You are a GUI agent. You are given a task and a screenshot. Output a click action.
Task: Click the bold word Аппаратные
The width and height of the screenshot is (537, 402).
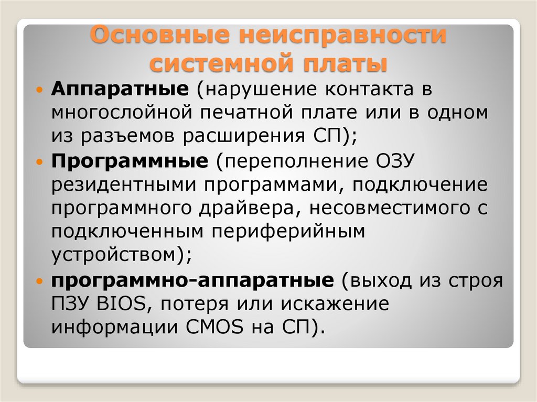pyautogui.click(x=120, y=89)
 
